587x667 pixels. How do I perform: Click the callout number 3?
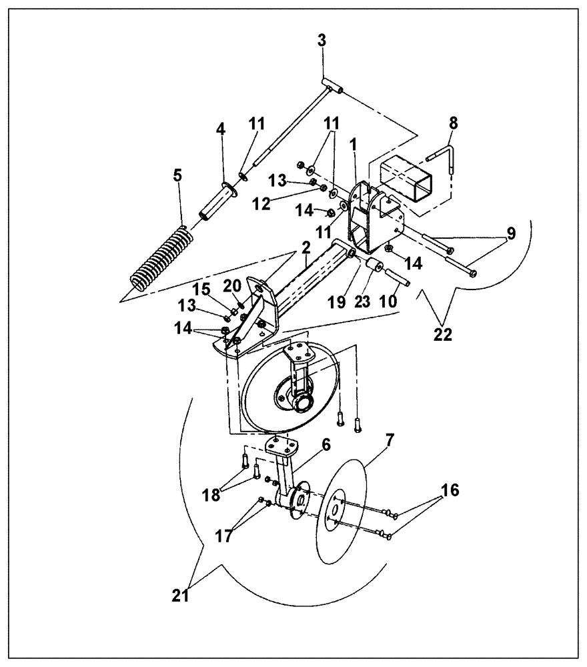(x=322, y=39)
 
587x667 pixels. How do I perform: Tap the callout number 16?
(x=450, y=490)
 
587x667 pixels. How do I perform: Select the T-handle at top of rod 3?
(x=331, y=85)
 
